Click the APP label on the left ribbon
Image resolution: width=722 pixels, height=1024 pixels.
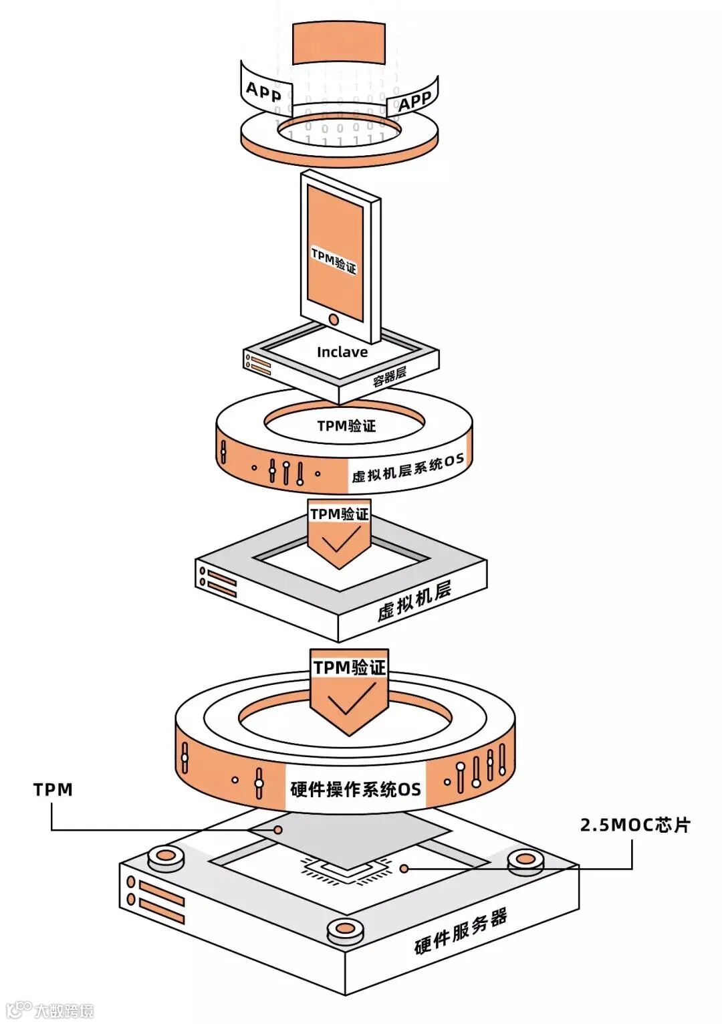point(263,91)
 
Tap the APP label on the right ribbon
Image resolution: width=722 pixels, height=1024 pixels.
point(414,101)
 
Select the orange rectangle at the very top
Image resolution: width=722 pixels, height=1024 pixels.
point(339,43)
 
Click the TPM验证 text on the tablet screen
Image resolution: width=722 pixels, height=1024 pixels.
point(334,260)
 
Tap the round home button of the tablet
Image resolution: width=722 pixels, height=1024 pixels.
point(334,320)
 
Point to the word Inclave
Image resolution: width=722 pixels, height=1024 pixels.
point(342,352)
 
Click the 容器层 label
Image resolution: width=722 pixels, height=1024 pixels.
point(390,377)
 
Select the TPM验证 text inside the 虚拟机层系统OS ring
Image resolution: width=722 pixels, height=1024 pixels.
point(346,426)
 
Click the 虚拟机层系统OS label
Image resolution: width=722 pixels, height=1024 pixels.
point(407,468)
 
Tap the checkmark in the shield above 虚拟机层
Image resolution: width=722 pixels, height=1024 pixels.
point(340,540)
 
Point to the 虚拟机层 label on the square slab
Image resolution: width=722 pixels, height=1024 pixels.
point(414,601)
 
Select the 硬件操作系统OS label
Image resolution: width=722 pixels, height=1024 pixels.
point(355,789)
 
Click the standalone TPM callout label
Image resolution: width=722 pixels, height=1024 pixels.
point(53,790)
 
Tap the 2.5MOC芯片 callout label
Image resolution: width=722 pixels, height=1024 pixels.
point(634,825)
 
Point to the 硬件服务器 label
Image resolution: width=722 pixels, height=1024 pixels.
point(461,932)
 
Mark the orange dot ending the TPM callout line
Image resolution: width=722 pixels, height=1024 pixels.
point(277,830)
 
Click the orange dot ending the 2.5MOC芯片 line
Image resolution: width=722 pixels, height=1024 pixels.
point(404,868)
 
